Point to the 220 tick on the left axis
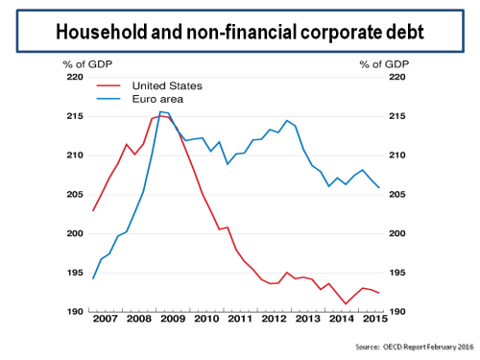click(74, 77)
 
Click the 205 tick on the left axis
click(74, 195)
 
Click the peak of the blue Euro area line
click(160, 112)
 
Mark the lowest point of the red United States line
click(346, 304)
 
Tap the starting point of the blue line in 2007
click(93, 278)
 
